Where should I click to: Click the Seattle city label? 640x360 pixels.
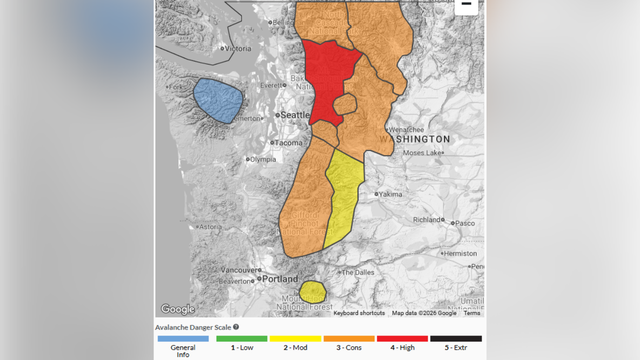click(295, 115)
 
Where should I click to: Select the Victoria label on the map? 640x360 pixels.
click(238, 49)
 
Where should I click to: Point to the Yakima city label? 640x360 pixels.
click(390, 194)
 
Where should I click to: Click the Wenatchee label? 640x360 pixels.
click(406, 130)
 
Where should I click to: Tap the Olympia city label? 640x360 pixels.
click(263, 159)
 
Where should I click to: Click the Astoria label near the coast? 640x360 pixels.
click(211, 227)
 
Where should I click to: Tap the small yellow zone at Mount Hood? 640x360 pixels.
click(312, 292)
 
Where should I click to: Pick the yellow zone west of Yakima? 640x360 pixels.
click(343, 195)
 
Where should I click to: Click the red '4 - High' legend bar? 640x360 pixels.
click(402, 339)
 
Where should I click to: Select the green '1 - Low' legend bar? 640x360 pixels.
click(242, 339)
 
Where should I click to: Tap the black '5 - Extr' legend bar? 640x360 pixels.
click(456, 339)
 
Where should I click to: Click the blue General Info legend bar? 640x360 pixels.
click(183, 339)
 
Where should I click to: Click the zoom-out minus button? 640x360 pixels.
click(466, 5)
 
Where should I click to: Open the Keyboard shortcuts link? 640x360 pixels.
click(359, 313)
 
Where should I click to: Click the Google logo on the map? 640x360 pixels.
click(178, 309)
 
